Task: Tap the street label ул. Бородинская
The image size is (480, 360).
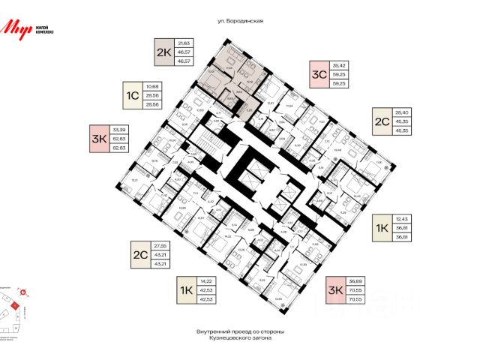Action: [239, 22]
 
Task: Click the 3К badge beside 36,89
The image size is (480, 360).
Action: [337, 289]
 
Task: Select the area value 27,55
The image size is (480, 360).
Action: [160, 245]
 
